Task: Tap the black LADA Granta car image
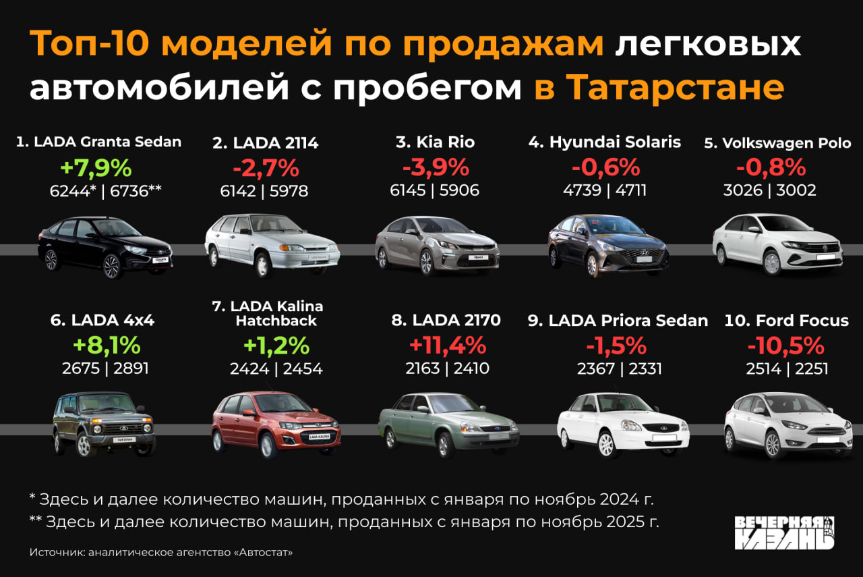(x=105, y=247)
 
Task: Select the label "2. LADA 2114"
(x=266, y=142)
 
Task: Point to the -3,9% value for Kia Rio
(x=435, y=167)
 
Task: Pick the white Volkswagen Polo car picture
(x=777, y=244)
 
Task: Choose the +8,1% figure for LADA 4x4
(x=107, y=346)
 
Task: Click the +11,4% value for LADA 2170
(x=448, y=346)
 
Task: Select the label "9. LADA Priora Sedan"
(x=618, y=321)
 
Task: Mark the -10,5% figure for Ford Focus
(x=785, y=346)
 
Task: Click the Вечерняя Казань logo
(x=784, y=532)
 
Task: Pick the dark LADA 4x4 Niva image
(x=104, y=424)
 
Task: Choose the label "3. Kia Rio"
(x=435, y=142)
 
